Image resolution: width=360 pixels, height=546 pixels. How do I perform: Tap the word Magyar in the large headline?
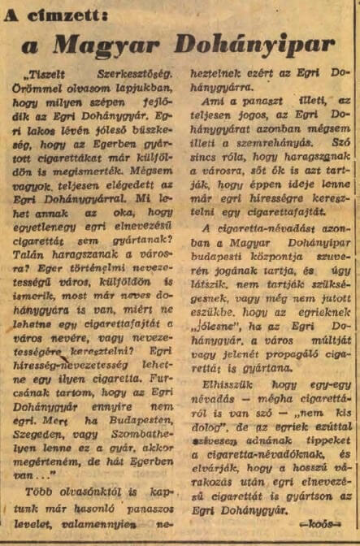119,44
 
